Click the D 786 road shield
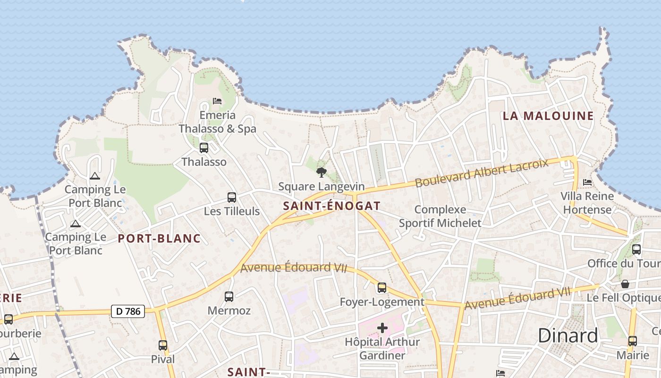pyautogui.click(x=128, y=311)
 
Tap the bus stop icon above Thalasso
pyautogui.click(x=204, y=148)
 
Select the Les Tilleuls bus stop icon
pyautogui.click(x=232, y=198)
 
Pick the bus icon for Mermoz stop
pyautogui.click(x=229, y=297)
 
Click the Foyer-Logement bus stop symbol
pyautogui.click(x=381, y=287)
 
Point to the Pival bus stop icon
pyautogui.click(x=163, y=345)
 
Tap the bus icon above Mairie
pyautogui.click(x=632, y=341)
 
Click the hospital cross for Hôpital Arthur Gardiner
pyautogui.click(x=382, y=328)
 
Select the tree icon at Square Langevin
pyautogui.click(x=322, y=172)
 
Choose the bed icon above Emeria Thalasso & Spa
pyautogui.click(x=217, y=101)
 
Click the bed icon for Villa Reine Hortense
pyautogui.click(x=587, y=182)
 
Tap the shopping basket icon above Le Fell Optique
pyautogui.click(x=625, y=284)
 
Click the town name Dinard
pyautogui.click(x=568, y=335)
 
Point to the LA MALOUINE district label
pyautogui.click(x=548, y=116)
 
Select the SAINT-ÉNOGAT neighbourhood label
pyautogui.click(x=331, y=206)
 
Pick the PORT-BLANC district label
pyautogui.click(x=159, y=239)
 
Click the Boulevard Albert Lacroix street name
pyautogui.click(x=482, y=173)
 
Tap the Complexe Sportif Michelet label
pyautogui.click(x=440, y=216)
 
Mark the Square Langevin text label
pyautogui.click(x=322, y=187)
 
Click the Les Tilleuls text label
pyautogui.click(x=232, y=211)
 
